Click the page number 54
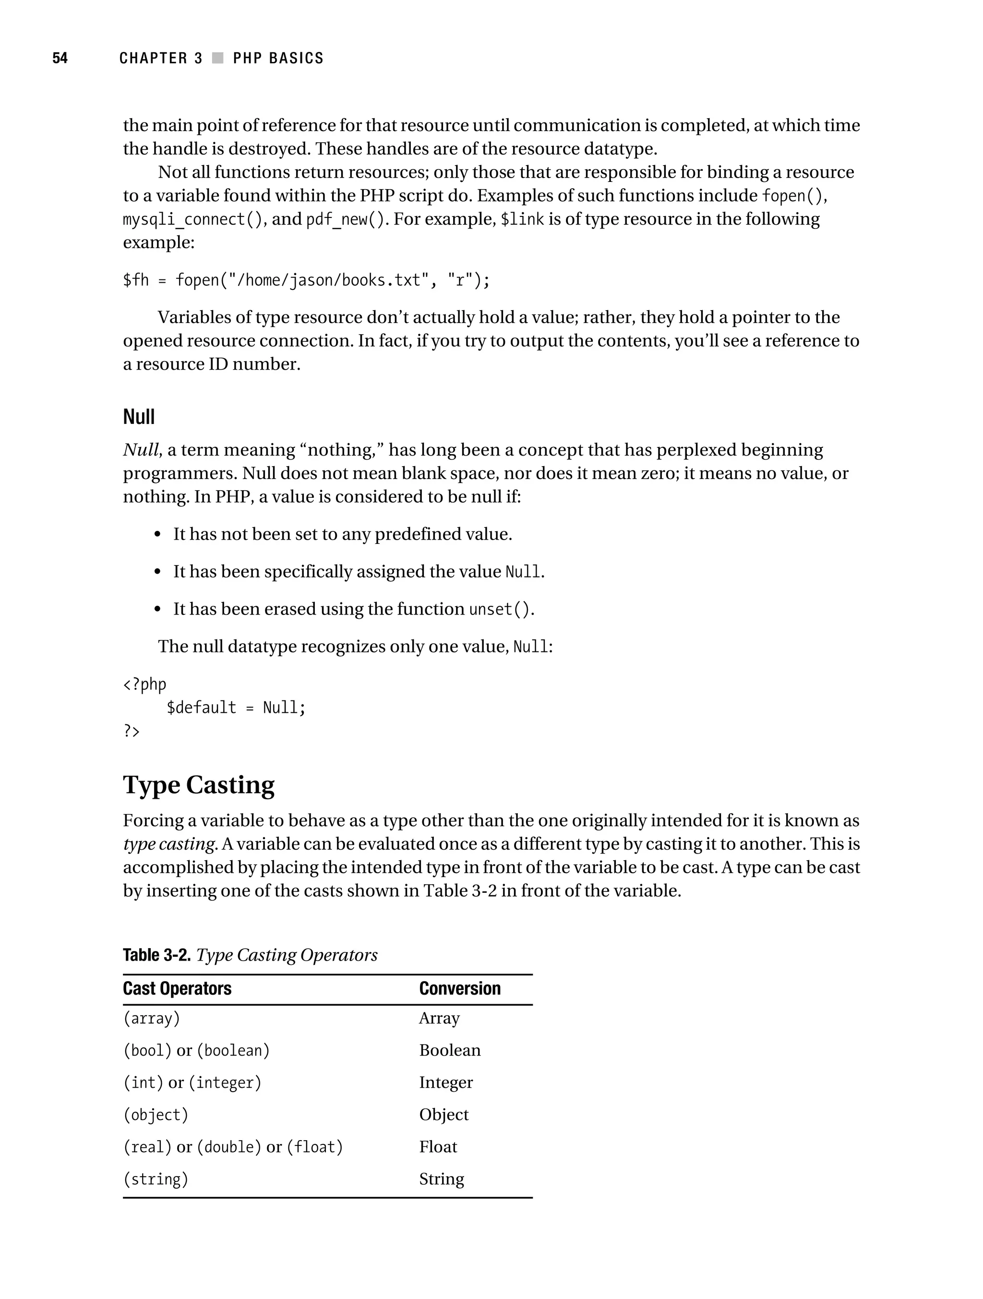pos(60,58)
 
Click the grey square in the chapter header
pos(218,58)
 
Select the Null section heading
pos(139,417)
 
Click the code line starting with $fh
pos(306,280)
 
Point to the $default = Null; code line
pos(236,708)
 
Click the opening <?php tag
pos(144,684)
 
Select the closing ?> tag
pos(131,731)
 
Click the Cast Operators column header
pos(177,989)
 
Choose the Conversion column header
pos(460,989)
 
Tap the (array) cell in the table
pos(152,1018)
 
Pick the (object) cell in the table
pos(156,1115)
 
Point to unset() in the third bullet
pos(500,610)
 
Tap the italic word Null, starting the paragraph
pos(142,450)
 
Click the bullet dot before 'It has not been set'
pos(157,535)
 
